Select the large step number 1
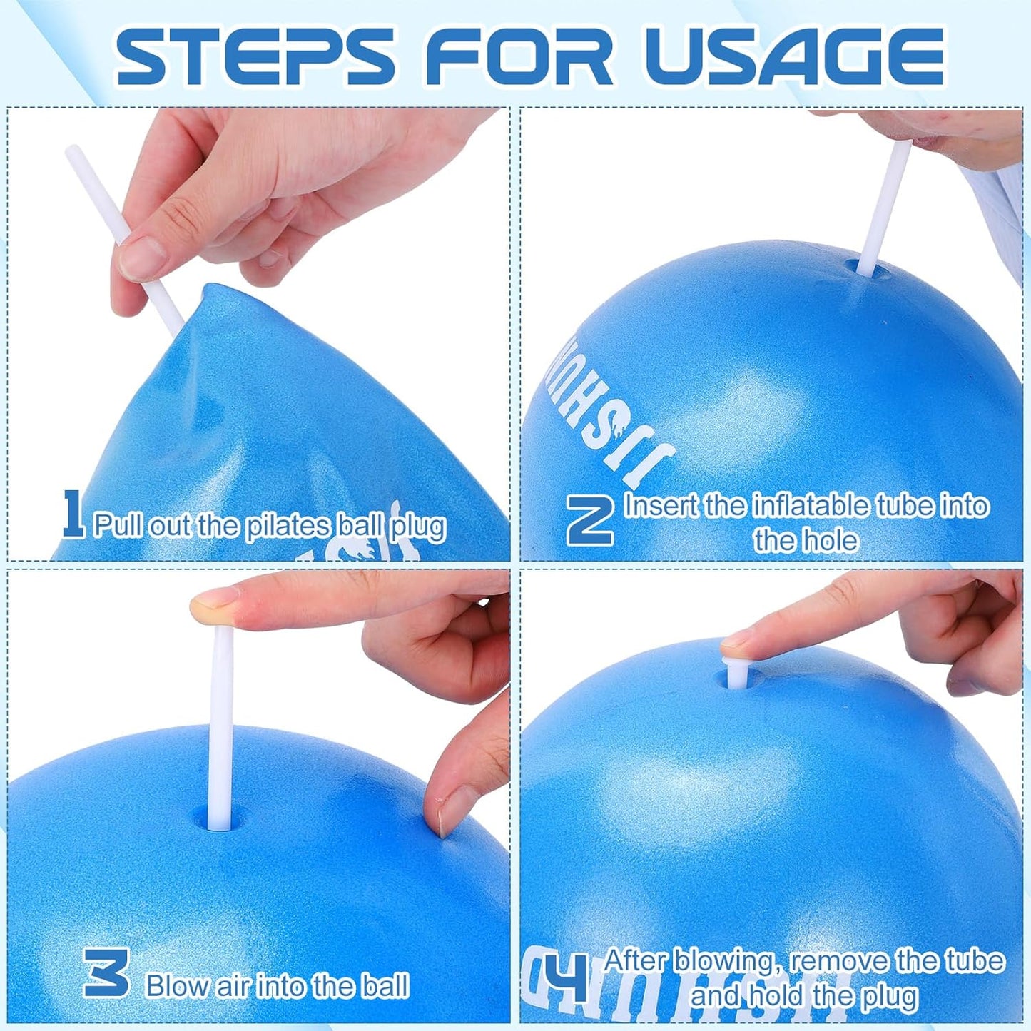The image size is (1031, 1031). click(73, 513)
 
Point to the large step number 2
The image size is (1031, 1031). click(590, 520)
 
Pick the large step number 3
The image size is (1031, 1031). click(106, 972)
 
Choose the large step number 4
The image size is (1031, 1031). click(565, 977)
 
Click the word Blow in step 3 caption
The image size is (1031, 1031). click(176, 986)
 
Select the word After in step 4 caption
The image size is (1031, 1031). click(634, 961)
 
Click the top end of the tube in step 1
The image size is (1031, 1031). click(72, 152)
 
